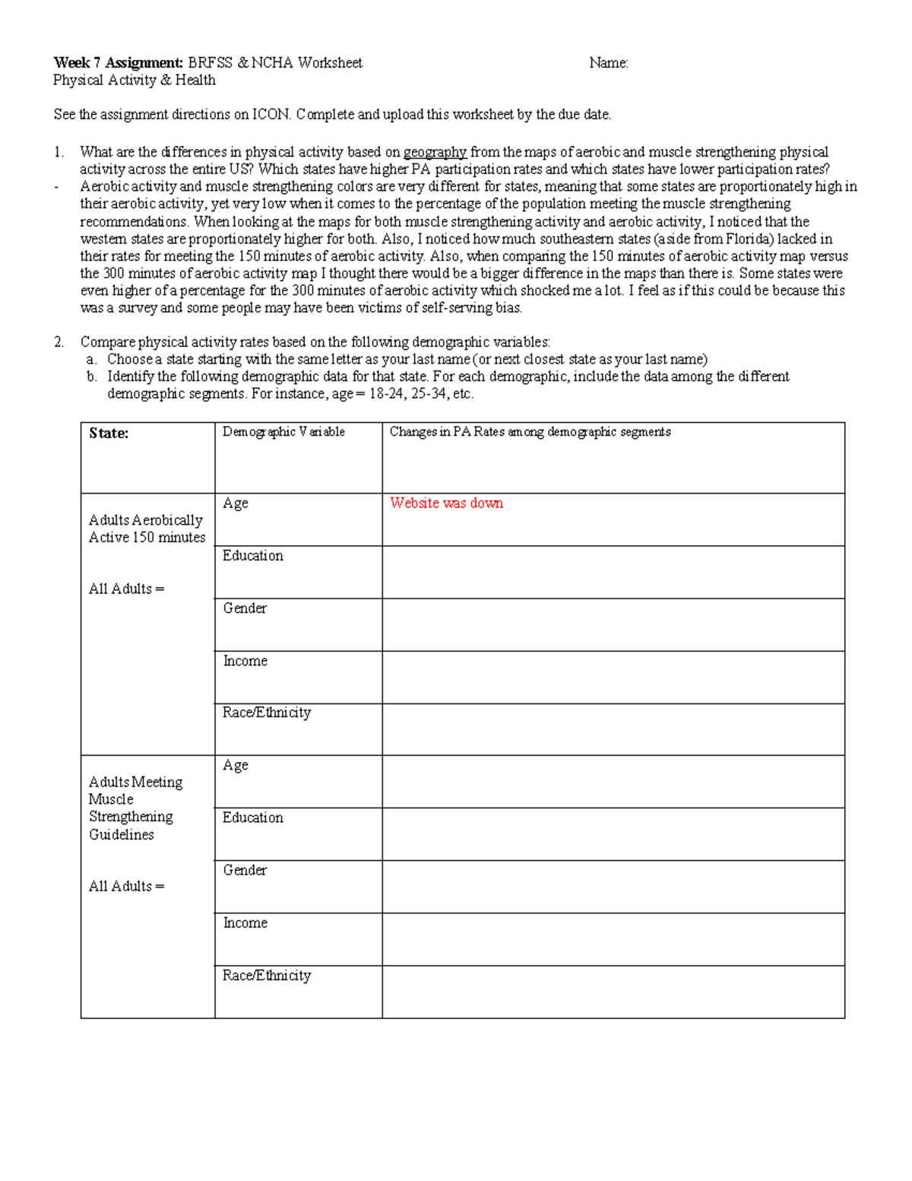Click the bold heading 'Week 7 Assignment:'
(x=118, y=63)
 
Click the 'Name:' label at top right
(x=608, y=63)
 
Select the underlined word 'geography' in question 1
(x=435, y=152)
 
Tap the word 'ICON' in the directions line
(x=271, y=115)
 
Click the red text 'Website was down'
(x=446, y=503)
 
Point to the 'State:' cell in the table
(x=109, y=433)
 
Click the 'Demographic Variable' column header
(x=283, y=432)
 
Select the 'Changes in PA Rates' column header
(x=530, y=432)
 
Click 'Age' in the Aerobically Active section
(x=236, y=503)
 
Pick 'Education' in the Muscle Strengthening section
(x=253, y=817)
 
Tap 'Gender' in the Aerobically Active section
(x=245, y=608)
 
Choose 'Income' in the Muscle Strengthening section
(x=245, y=923)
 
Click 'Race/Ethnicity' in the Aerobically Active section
(x=267, y=713)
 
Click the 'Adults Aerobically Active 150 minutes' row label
(x=147, y=529)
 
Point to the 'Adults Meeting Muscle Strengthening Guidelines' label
(x=135, y=808)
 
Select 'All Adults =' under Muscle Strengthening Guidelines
(x=126, y=886)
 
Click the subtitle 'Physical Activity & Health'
(x=135, y=81)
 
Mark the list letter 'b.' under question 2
(x=91, y=376)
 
